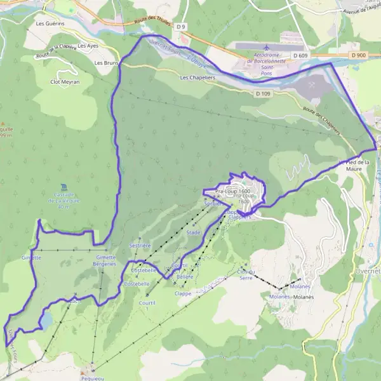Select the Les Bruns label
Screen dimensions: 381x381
105,63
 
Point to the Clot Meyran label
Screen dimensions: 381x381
64,81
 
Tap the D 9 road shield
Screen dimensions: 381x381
182,27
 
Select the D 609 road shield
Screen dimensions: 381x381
300,56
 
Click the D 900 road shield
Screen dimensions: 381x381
359,55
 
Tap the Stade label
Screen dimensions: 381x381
193,233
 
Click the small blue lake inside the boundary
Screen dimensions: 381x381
46,321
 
